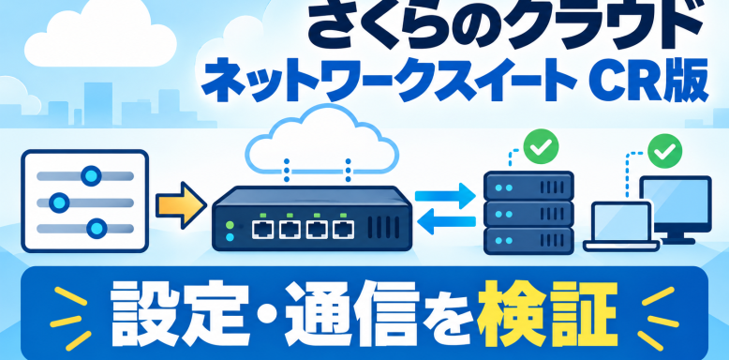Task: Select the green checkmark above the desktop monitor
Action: (664, 151)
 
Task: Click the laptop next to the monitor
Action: (621, 227)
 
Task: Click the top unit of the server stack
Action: (528, 187)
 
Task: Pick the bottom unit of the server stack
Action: (528, 241)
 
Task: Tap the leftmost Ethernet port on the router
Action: (263, 230)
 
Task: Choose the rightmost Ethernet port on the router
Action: (343, 230)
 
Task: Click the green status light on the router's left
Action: (230, 225)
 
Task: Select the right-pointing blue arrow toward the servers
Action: (445, 195)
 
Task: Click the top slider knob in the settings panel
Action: (91, 175)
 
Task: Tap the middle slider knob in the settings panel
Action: (59, 202)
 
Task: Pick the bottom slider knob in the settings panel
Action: (97, 228)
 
